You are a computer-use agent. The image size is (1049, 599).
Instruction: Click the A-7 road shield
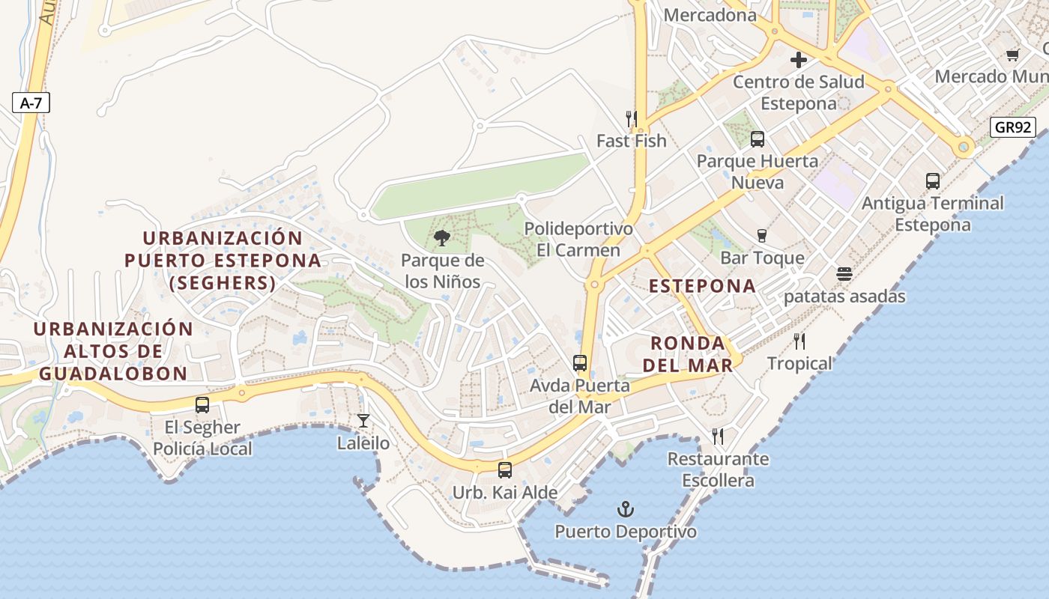31,103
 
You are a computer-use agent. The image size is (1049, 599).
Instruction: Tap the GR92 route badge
1013,127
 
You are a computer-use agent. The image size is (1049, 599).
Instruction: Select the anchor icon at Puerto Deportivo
625,510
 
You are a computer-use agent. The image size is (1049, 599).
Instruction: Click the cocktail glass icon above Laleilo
363,421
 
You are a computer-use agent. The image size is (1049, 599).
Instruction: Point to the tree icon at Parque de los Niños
442,238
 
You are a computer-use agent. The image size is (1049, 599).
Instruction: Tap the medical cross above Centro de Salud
799,60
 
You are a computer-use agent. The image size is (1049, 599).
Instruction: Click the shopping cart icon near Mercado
1013,54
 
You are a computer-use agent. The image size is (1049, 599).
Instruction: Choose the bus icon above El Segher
202,405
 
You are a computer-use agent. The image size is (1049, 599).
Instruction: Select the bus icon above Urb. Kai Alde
505,470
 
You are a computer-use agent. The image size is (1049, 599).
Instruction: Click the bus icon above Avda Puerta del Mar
580,363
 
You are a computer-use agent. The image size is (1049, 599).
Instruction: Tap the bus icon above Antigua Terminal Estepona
932,180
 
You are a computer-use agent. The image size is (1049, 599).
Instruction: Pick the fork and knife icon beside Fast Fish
631,118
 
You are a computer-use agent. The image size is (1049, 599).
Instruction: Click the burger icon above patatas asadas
844,274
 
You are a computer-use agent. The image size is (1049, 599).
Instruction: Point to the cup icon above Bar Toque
762,235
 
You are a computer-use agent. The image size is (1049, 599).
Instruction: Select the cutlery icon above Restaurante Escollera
718,436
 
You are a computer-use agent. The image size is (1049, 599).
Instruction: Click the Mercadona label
710,15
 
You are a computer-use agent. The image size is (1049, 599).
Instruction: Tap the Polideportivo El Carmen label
578,239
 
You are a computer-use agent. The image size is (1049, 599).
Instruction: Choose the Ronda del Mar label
688,354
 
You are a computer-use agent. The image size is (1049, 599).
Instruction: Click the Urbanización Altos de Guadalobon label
113,351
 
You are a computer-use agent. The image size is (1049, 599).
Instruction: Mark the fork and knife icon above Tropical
799,341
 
